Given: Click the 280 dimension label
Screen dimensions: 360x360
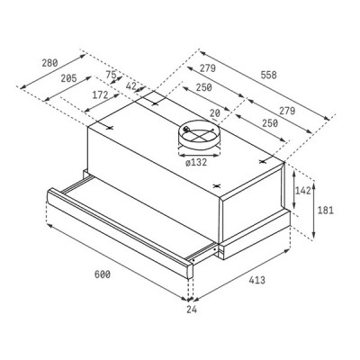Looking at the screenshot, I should (x=49, y=63).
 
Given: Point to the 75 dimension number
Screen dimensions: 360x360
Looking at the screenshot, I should (x=111, y=76).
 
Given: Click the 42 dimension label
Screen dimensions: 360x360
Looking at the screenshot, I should (x=131, y=86).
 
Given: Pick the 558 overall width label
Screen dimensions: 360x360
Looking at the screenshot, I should (x=267, y=75).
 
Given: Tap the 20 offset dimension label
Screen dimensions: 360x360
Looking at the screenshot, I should (x=215, y=112).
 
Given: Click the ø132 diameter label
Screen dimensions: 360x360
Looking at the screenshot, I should (x=197, y=163).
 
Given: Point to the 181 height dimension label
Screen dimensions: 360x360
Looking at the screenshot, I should (x=327, y=210).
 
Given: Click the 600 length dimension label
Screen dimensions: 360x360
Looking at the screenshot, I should (x=101, y=274).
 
